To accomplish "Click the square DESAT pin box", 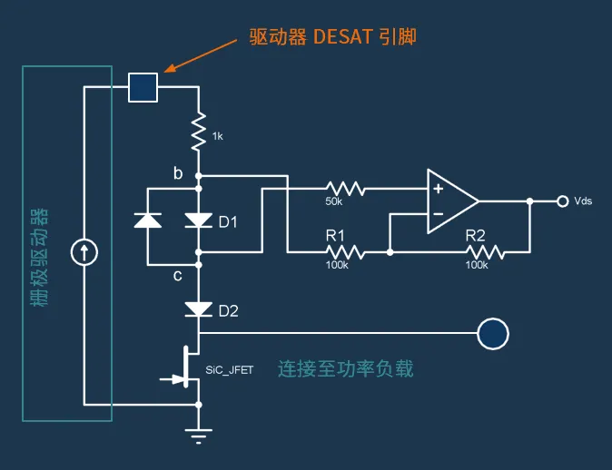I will coord(143,87).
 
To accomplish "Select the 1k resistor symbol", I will coord(198,132).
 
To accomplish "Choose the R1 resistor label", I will coord(337,234).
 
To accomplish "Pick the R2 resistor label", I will coord(476,234).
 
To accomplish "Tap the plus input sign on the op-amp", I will coord(438,189).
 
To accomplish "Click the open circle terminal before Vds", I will coord(559,201).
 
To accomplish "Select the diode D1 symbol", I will coord(198,220).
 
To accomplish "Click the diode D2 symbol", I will coord(198,309).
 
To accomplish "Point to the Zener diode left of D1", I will coord(148,220).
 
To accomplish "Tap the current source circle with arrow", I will coord(84,252).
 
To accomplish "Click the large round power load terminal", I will coord(493,333).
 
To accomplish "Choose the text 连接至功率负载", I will coord(345,369).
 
